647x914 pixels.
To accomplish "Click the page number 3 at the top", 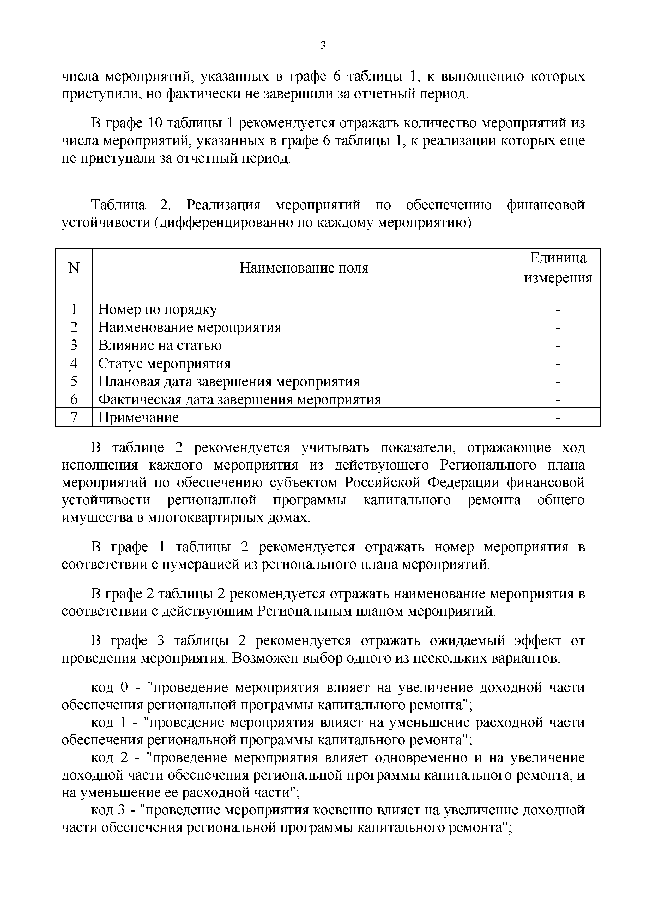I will coord(323,46).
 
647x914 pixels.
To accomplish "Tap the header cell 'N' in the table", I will coord(74,268).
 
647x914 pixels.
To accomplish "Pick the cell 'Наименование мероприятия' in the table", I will coord(190,327).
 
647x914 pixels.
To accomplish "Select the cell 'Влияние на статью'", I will coord(160,345).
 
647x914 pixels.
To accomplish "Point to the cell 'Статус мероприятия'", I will coord(165,363).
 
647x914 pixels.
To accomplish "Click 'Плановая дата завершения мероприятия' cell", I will coord(229,381).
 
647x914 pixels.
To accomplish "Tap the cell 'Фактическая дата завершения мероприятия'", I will coord(239,399).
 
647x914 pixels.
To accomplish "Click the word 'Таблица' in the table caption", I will coord(118,205).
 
